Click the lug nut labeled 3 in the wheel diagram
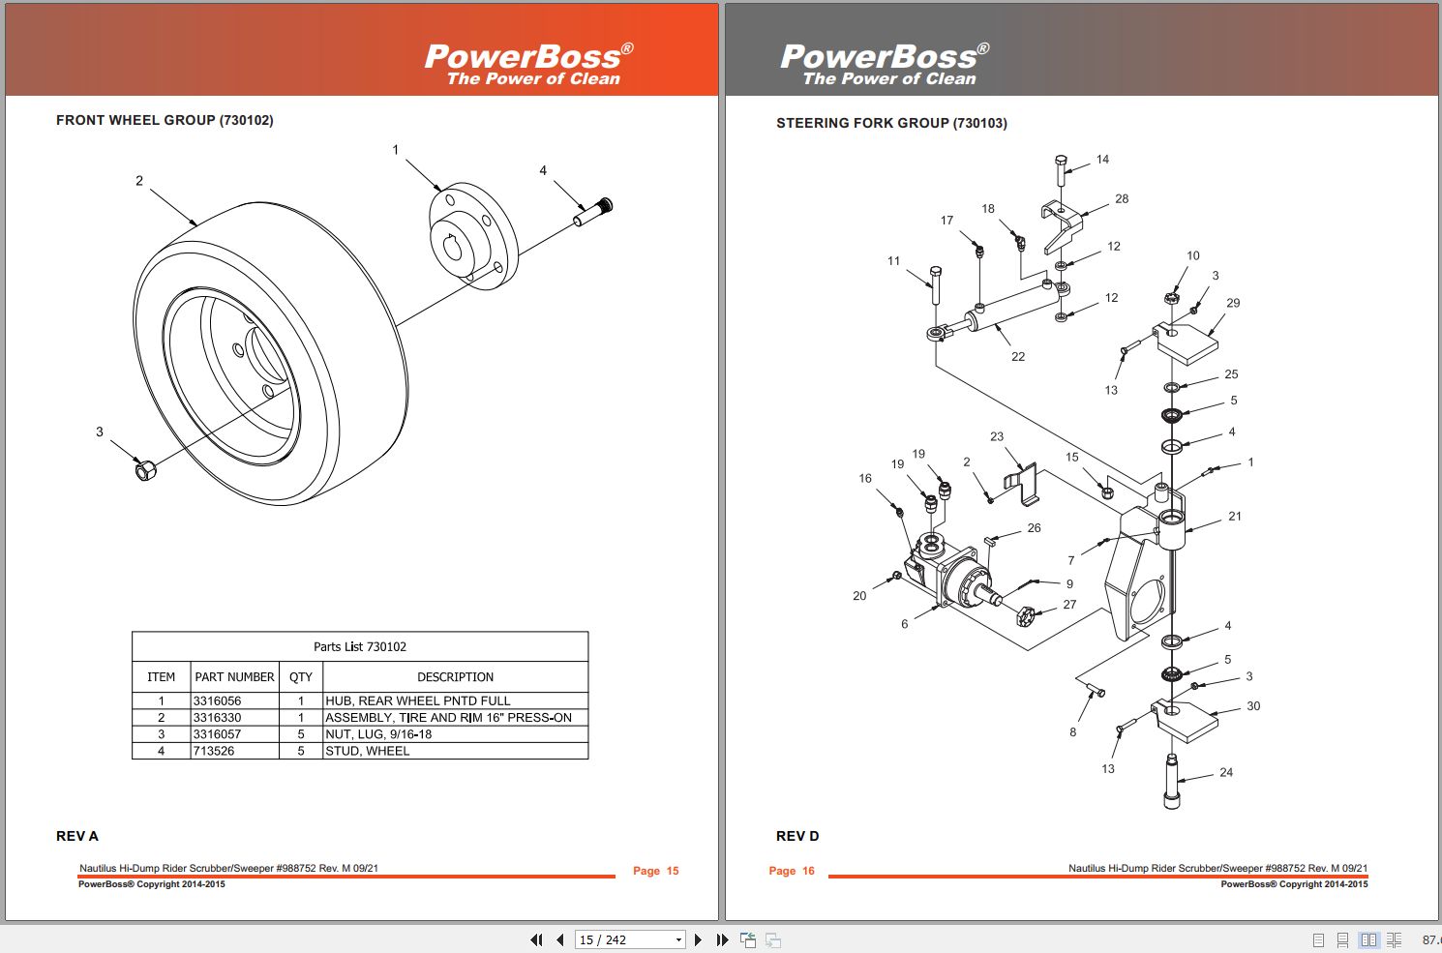click(146, 470)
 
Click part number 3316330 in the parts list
click(217, 717)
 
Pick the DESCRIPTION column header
click(455, 677)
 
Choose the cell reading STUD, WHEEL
click(367, 751)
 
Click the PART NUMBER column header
click(234, 677)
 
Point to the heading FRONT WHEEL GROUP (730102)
click(165, 120)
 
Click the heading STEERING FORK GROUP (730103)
click(891, 123)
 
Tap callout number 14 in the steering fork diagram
click(1102, 159)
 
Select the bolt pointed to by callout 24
click(1172, 781)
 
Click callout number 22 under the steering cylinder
click(1018, 356)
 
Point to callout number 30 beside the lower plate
click(1253, 706)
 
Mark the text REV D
click(797, 836)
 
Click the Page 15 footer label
click(655, 871)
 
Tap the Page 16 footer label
click(792, 871)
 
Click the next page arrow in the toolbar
click(698, 940)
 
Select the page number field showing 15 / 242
click(630, 940)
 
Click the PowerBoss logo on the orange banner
click(528, 64)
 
